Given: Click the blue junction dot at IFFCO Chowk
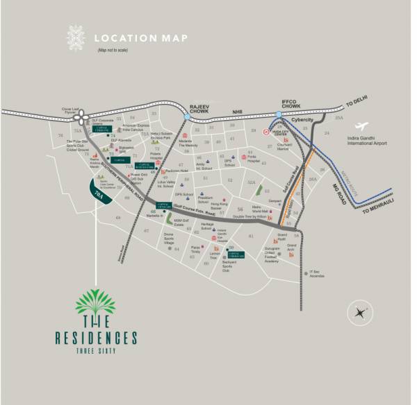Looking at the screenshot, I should click(279, 114).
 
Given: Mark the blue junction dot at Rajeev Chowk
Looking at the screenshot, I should click(188, 119).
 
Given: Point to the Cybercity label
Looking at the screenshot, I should click(302, 119).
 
